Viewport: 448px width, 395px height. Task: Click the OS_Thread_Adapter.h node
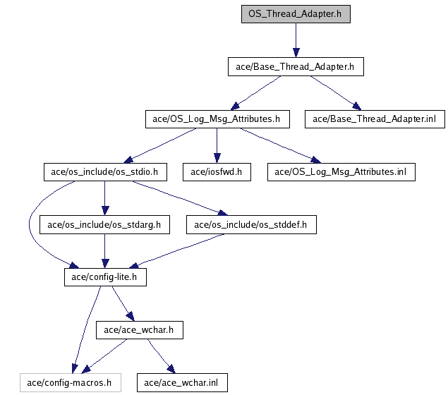point(295,14)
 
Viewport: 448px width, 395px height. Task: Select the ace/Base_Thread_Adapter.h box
point(295,67)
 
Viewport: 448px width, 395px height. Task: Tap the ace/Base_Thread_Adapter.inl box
point(375,119)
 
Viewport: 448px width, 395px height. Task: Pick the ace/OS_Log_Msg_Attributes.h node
point(217,119)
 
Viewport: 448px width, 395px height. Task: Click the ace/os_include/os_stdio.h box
point(104,172)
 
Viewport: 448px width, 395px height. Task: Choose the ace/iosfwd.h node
point(217,172)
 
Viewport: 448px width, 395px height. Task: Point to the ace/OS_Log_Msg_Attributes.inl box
point(341,172)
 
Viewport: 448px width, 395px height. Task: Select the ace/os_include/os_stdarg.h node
point(104,225)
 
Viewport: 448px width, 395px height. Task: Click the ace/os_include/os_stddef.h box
point(251,225)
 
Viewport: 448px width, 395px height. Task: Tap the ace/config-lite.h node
point(104,278)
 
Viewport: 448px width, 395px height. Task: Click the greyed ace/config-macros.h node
point(69,383)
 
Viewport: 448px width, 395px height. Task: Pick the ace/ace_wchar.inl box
point(181,383)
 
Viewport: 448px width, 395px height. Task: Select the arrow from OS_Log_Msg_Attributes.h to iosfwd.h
point(217,145)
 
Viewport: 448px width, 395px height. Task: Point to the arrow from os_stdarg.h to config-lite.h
point(104,251)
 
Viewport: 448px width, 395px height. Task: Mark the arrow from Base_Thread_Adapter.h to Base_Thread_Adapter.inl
point(335,93)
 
